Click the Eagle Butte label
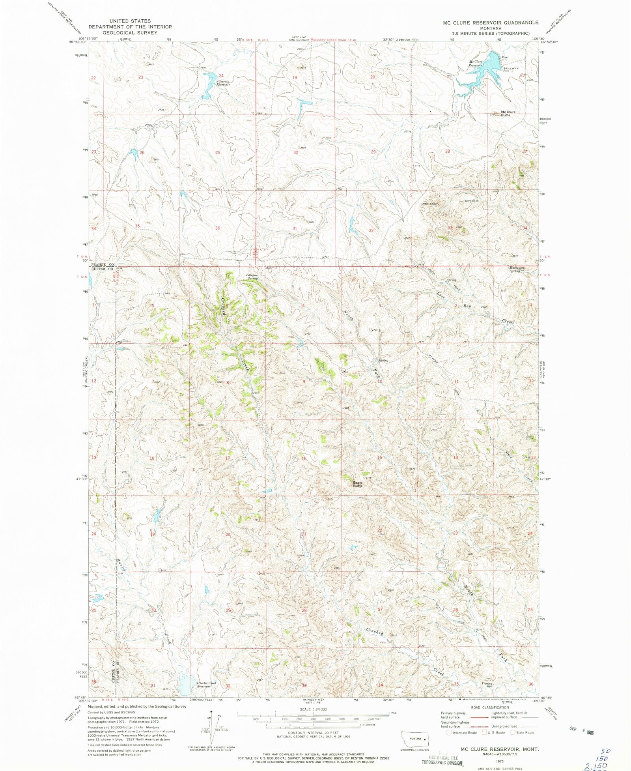pyautogui.click(x=357, y=484)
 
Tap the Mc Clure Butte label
pyautogui.click(x=508, y=114)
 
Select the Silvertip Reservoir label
pyautogui.click(x=223, y=83)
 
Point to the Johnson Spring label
pyautogui.click(x=252, y=277)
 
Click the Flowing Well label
pyautogui.click(x=487, y=685)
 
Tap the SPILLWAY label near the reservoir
pyautogui.click(x=511, y=69)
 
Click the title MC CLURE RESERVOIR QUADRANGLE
pyautogui.click(x=490, y=23)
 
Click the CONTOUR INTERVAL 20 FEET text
pyautogui.click(x=314, y=733)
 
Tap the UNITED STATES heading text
pyautogui.click(x=130, y=21)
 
